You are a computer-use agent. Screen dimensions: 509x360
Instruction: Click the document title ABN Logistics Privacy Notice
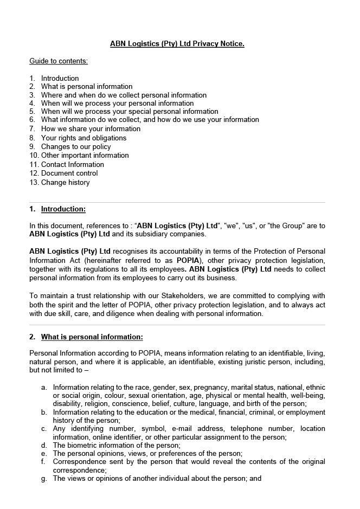click(177, 43)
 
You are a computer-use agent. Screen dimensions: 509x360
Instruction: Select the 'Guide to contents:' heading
click(59, 61)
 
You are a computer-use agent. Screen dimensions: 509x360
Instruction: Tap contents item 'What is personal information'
click(87, 87)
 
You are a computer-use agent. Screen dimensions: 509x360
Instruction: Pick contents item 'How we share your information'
click(91, 129)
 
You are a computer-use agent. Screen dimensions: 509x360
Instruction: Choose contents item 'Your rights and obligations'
click(83, 138)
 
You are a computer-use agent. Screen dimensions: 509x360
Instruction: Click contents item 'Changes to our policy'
click(76, 146)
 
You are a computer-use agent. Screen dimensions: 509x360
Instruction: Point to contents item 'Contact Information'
click(72, 164)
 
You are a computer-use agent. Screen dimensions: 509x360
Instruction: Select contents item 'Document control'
click(69, 173)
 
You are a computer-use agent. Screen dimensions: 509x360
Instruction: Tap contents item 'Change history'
click(65, 183)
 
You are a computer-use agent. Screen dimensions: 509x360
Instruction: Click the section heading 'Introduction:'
click(63, 209)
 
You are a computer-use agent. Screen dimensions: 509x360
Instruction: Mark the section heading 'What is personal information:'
click(92, 337)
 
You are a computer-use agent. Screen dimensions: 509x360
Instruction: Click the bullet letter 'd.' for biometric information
click(44, 445)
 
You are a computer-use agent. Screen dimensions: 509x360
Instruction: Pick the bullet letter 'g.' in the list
click(44, 479)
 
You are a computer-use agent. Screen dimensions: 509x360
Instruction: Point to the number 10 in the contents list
click(34, 156)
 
